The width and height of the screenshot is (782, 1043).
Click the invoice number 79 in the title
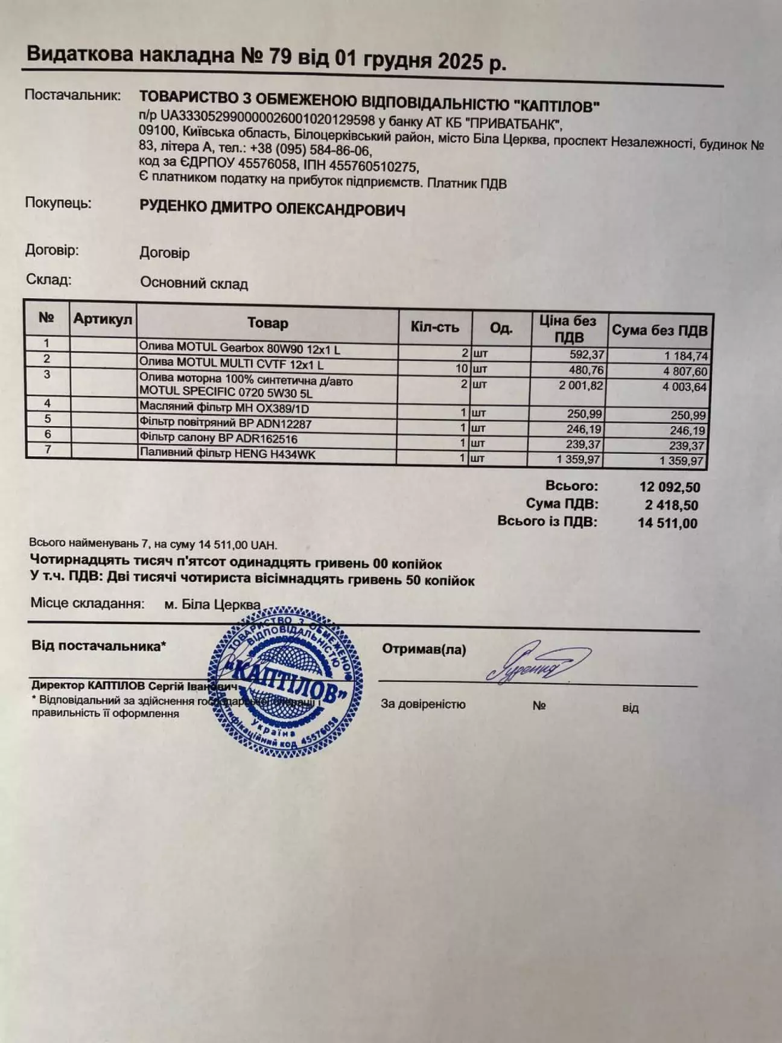click(x=282, y=57)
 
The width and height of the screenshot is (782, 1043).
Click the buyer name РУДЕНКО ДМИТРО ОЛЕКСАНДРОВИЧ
click(x=272, y=209)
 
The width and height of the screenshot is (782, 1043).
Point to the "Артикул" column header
click(x=103, y=319)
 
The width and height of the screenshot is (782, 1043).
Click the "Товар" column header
click(x=267, y=324)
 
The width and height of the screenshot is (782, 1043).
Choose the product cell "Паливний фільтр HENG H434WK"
click(x=227, y=454)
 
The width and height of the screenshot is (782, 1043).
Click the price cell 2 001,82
click(x=581, y=386)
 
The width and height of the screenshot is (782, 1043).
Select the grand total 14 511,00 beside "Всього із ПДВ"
click(x=667, y=523)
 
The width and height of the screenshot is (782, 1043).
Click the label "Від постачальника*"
click(x=98, y=646)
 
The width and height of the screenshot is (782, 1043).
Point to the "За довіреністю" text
click(x=423, y=704)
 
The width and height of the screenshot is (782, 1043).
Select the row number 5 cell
click(x=48, y=418)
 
